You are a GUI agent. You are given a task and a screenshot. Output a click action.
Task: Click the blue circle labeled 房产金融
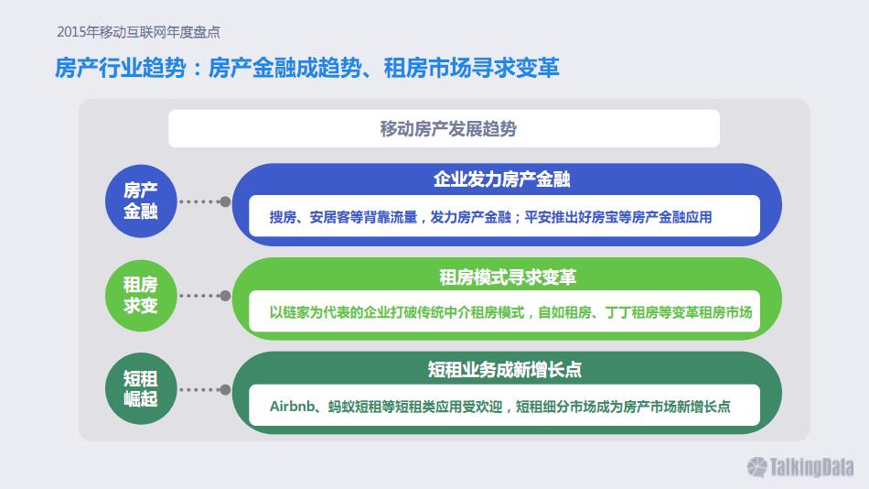141,201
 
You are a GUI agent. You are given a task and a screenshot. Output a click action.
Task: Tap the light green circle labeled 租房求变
141,295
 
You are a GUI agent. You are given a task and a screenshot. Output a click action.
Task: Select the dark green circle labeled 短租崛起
141,389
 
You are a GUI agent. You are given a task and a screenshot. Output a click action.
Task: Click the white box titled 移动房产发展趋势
444,129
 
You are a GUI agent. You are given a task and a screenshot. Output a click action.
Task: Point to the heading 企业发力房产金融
502,179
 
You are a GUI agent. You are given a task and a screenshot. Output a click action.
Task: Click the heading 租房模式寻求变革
508,277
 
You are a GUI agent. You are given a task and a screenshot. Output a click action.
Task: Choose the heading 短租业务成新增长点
504,370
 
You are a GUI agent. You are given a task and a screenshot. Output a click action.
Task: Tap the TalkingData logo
800,467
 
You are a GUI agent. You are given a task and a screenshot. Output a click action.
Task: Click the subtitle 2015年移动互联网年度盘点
138,32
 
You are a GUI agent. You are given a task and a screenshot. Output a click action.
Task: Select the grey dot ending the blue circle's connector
225,201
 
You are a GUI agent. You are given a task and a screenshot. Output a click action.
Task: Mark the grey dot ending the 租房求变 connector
225,296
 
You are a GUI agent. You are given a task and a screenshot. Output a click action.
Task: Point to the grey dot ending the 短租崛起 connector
225,390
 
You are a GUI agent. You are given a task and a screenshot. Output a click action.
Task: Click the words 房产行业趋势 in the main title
120,69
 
